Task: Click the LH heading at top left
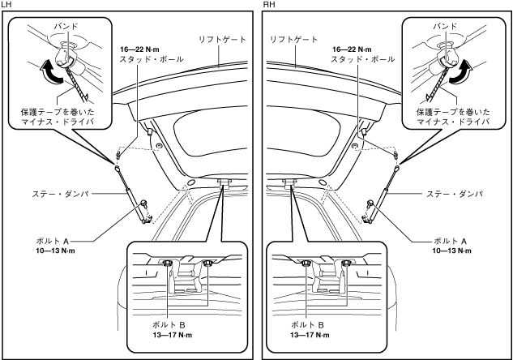tap(6, 5)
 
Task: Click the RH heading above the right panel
tap(268, 5)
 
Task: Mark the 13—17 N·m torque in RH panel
tap(310, 335)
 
